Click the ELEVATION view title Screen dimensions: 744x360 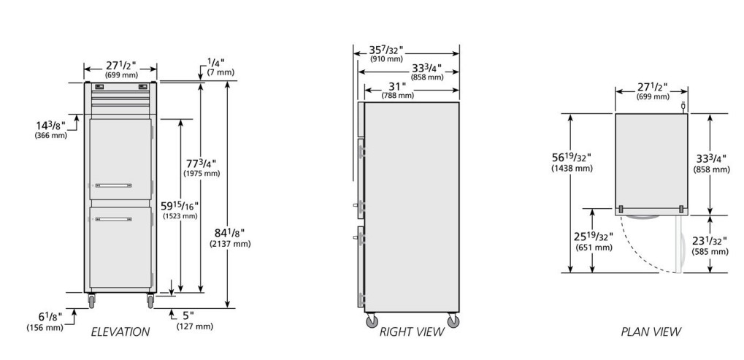pyautogui.click(x=120, y=332)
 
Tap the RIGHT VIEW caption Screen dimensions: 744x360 pyautogui.click(x=411, y=332)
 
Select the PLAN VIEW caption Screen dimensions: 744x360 pyautogui.click(x=651, y=332)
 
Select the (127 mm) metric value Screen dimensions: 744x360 pyautogui.click(x=194, y=326)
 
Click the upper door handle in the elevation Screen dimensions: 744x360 pyautogui.click(x=113, y=185)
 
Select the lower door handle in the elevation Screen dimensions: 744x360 pyautogui.click(x=113, y=220)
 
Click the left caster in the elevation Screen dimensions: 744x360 pyautogui.click(x=91, y=301)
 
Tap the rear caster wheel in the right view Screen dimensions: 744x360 pyautogui.click(x=453, y=321)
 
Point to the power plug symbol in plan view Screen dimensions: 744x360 pyautogui.click(x=683, y=107)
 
